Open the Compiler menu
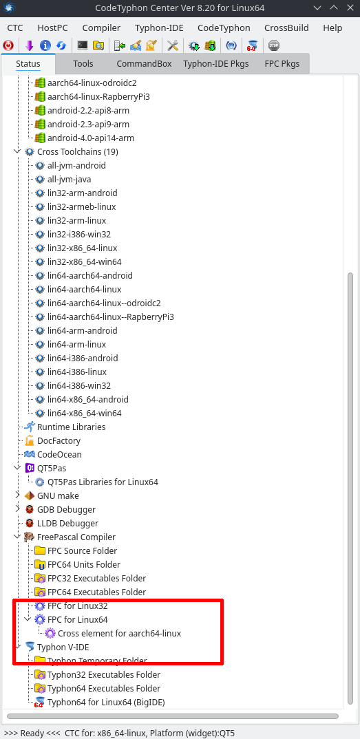pyautogui.click(x=101, y=28)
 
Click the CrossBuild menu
pyautogui.click(x=286, y=28)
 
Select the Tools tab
pyautogui.click(x=83, y=63)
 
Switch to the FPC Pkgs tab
pyautogui.click(x=282, y=63)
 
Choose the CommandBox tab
pyautogui.click(x=144, y=63)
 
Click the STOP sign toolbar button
pyautogui.click(x=274, y=45)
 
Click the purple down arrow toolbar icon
pyautogui.click(x=29, y=45)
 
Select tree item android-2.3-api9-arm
pyautogui.click(x=88, y=125)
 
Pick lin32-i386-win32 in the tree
pyautogui.click(x=79, y=234)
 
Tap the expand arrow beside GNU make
pyautogui.click(x=17, y=495)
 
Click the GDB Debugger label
pyautogui.click(x=67, y=509)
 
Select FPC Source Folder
pyautogui.click(x=83, y=551)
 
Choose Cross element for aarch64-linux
pyautogui.click(x=120, y=634)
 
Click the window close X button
pyautogui.click(x=349, y=8)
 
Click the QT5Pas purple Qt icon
pyautogui.click(x=30, y=468)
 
